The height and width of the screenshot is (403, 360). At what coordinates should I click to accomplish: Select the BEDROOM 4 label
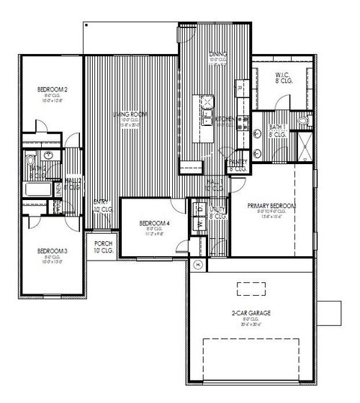pos(153,223)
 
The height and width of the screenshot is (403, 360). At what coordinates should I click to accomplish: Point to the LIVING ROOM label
pos(129,114)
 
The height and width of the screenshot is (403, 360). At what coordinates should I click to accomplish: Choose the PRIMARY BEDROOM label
pos(271,206)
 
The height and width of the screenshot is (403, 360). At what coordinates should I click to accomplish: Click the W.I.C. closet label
pos(282,76)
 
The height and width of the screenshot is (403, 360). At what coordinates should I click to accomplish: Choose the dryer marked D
pos(196,209)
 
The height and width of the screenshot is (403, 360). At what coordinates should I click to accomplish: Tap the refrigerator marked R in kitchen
pos(240,88)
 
